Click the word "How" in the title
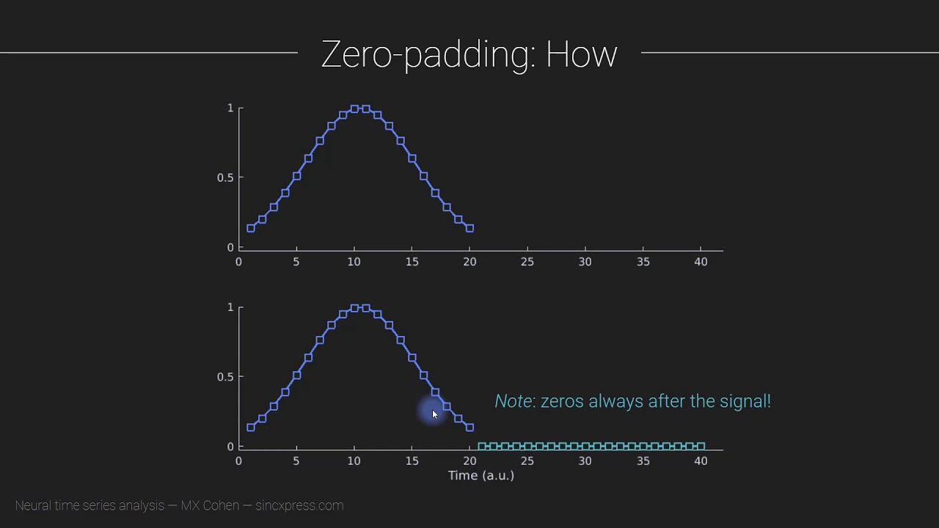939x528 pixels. (581, 55)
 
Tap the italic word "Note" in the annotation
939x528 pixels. (513, 401)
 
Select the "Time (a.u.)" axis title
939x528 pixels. (481, 475)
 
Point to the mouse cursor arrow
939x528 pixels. (434, 414)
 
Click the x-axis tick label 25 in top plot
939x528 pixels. (527, 262)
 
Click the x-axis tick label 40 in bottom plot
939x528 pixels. (700, 461)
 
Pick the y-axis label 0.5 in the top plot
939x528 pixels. (225, 177)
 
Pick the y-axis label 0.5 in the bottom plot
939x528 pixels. (225, 377)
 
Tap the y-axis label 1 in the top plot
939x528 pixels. (230, 108)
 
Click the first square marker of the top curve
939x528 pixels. (251, 228)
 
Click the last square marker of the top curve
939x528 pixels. (469, 228)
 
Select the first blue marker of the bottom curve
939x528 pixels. (251, 428)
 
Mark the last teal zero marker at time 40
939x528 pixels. (701, 446)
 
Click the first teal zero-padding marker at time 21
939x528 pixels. (481, 446)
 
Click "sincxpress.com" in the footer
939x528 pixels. (299, 505)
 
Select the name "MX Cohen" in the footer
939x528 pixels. (210, 505)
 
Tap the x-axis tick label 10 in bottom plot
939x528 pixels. (354, 461)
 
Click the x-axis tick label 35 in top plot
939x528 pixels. (643, 262)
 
